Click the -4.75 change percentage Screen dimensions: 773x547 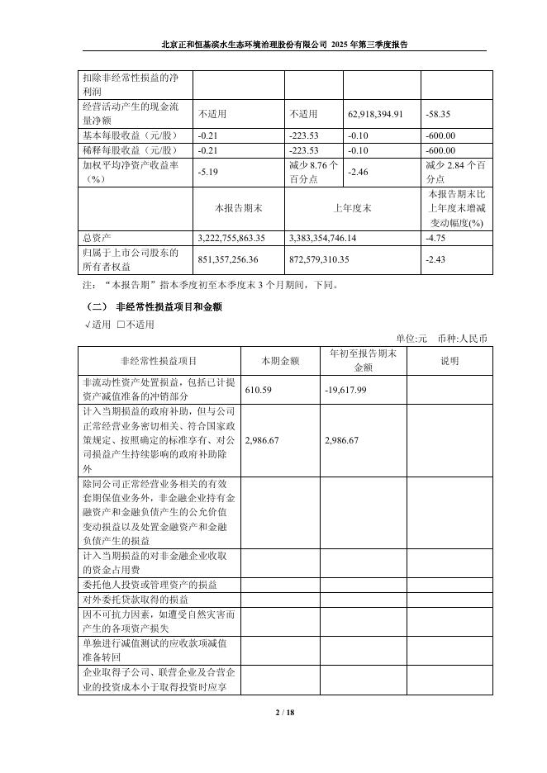coord(435,237)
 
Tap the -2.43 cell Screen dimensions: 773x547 coord(435,259)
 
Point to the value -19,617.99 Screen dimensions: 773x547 coord(346,389)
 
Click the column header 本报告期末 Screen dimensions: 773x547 coord(238,208)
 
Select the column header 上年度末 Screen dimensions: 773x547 coord(352,208)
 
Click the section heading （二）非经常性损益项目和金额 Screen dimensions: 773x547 coord(154,306)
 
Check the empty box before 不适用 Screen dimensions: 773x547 coord(121,324)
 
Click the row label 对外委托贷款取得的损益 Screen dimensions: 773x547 coord(136,600)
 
